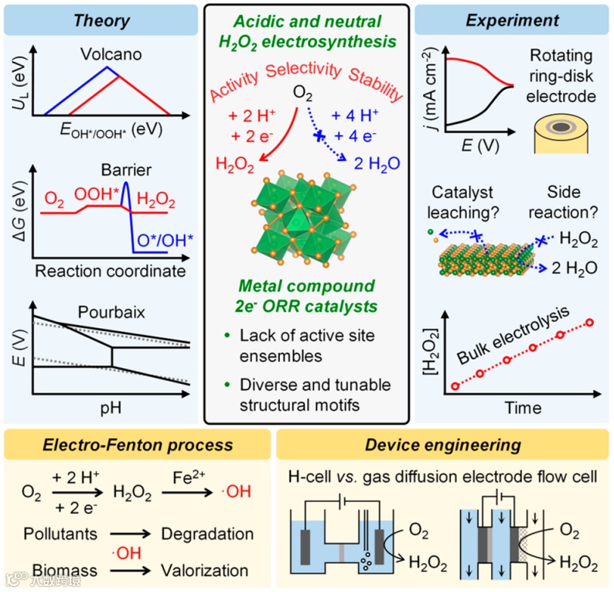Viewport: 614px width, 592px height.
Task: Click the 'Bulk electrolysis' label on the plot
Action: coord(510,333)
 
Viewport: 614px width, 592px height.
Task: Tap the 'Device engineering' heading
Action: coord(442,445)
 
